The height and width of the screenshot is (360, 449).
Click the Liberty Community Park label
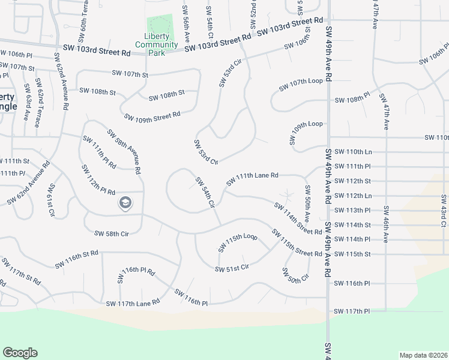coord(156,44)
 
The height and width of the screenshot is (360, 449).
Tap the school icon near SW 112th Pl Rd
coord(125,202)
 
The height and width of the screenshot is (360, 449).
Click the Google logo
coord(20,353)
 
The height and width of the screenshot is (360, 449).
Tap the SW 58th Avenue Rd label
coord(124,151)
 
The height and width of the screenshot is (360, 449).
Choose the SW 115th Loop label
coord(238,242)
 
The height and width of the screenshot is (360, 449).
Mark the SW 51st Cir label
coord(232,268)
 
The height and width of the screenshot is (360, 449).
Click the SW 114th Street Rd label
coord(298,218)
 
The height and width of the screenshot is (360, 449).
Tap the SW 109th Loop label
coord(307,132)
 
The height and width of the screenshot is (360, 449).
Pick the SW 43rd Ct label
coord(444,211)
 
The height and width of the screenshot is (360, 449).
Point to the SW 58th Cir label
coord(111,233)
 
